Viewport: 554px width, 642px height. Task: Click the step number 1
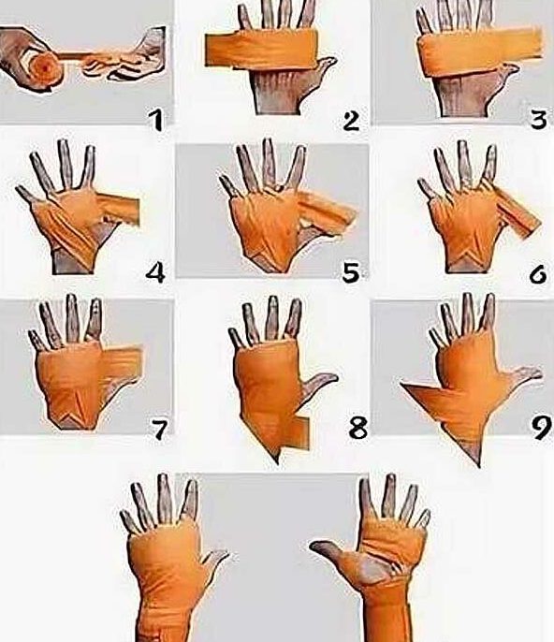click(155, 121)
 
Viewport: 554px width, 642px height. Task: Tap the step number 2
click(351, 121)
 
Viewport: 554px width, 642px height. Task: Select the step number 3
click(538, 120)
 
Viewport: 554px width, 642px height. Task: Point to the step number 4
click(155, 272)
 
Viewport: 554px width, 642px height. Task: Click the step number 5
click(351, 272)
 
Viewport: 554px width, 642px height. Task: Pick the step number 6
click(537, 273)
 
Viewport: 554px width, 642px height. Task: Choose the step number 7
click(159, 430)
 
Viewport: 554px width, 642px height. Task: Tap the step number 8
click(357, 429)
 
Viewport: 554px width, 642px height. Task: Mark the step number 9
click(541, 428)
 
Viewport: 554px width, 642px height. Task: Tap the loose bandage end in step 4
click(121, 211)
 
